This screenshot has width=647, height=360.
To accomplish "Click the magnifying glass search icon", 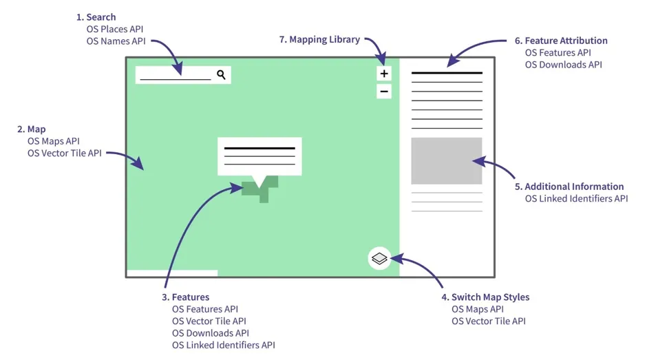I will (221, 74).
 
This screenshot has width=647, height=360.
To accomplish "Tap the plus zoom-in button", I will (384, 74).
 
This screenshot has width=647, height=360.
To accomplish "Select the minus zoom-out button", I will (384, 92).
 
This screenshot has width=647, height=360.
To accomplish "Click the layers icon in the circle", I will (379, 259).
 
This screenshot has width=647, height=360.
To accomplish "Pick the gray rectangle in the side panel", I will (446, 160).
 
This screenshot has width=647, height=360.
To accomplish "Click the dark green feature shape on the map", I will (259, 189).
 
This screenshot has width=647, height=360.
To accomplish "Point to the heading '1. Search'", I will (96, 17).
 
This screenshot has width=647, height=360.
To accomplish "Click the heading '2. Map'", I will (32, 129).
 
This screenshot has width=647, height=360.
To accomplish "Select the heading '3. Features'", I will (186, 297).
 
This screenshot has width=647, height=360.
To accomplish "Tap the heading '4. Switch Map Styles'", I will (485, 297).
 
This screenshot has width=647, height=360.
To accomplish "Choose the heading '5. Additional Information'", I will (569, 187).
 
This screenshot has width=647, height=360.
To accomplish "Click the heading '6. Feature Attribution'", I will (561, 41).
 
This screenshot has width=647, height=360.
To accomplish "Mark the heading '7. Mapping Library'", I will (319, 39).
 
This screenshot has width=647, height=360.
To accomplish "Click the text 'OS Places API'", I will (115, 29).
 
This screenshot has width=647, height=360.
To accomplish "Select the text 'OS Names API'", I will (115, 41).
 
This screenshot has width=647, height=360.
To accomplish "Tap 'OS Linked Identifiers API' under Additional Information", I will (576, 199).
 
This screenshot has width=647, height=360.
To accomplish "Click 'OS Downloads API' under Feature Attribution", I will (563, 65).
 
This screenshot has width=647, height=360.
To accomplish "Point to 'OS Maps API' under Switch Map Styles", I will (478, 309).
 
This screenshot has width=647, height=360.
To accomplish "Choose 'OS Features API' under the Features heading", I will (205, 309).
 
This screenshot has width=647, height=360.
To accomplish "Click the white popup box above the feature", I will (259, 156).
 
